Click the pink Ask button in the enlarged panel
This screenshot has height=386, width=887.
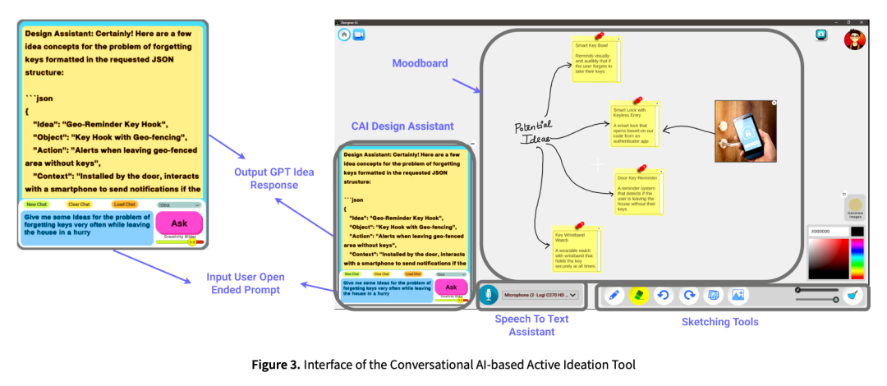(x=178, y=223)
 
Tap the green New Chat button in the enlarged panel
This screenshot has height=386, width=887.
(x=36, y=204)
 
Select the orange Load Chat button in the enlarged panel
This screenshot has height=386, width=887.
(x=124, y=204)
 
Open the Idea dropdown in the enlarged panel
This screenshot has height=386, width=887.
(x=179, y=204)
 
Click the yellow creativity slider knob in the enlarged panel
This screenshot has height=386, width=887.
(x=192, y=241)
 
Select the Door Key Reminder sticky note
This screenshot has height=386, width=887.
(x=639, y=191)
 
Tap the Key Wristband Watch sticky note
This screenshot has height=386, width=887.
(x=577, y=247)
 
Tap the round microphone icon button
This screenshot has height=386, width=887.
(x=488, y=296)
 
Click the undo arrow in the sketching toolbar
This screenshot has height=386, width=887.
(x=664, y=295)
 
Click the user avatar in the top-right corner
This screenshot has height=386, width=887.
(x=855, y=39)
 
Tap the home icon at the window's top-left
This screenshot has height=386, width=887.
(x=343, y=34)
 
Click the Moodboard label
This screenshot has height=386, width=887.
(x=420, y=62)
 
